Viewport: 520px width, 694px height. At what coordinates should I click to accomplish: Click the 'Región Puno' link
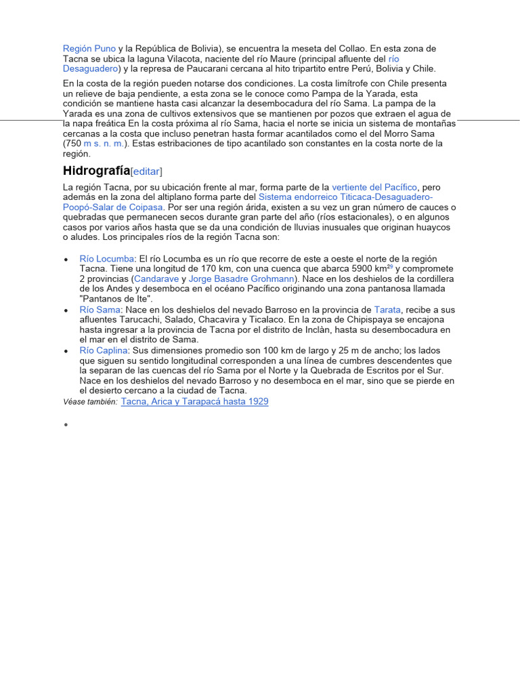coord(89,49)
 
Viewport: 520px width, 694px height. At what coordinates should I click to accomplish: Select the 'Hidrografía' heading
coord(96,170)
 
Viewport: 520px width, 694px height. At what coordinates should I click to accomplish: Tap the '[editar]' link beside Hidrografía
coord(146,171)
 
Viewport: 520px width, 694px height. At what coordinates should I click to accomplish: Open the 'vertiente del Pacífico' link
coord(374,186)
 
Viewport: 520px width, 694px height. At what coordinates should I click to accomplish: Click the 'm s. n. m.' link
coord(104,144)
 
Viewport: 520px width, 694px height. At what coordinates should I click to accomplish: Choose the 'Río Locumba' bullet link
coord(107,259)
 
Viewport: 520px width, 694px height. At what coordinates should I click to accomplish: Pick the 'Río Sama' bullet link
coord(100,309)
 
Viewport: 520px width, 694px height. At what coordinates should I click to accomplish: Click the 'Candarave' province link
coord(156,279)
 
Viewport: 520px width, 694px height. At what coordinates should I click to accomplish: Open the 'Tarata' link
coord(387,309)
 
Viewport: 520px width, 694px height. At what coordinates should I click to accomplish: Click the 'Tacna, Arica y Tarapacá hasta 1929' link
coord(194,401)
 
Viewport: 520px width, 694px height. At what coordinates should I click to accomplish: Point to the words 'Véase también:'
coord(90,402)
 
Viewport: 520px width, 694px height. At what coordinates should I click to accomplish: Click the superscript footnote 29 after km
coord(389,266)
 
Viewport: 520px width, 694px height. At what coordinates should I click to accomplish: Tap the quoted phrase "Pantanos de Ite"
coord(116,299)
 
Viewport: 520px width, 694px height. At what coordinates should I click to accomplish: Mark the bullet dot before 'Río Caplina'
coord(66,352)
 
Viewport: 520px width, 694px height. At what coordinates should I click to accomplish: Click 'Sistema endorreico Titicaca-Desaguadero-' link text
coord(346,197)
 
